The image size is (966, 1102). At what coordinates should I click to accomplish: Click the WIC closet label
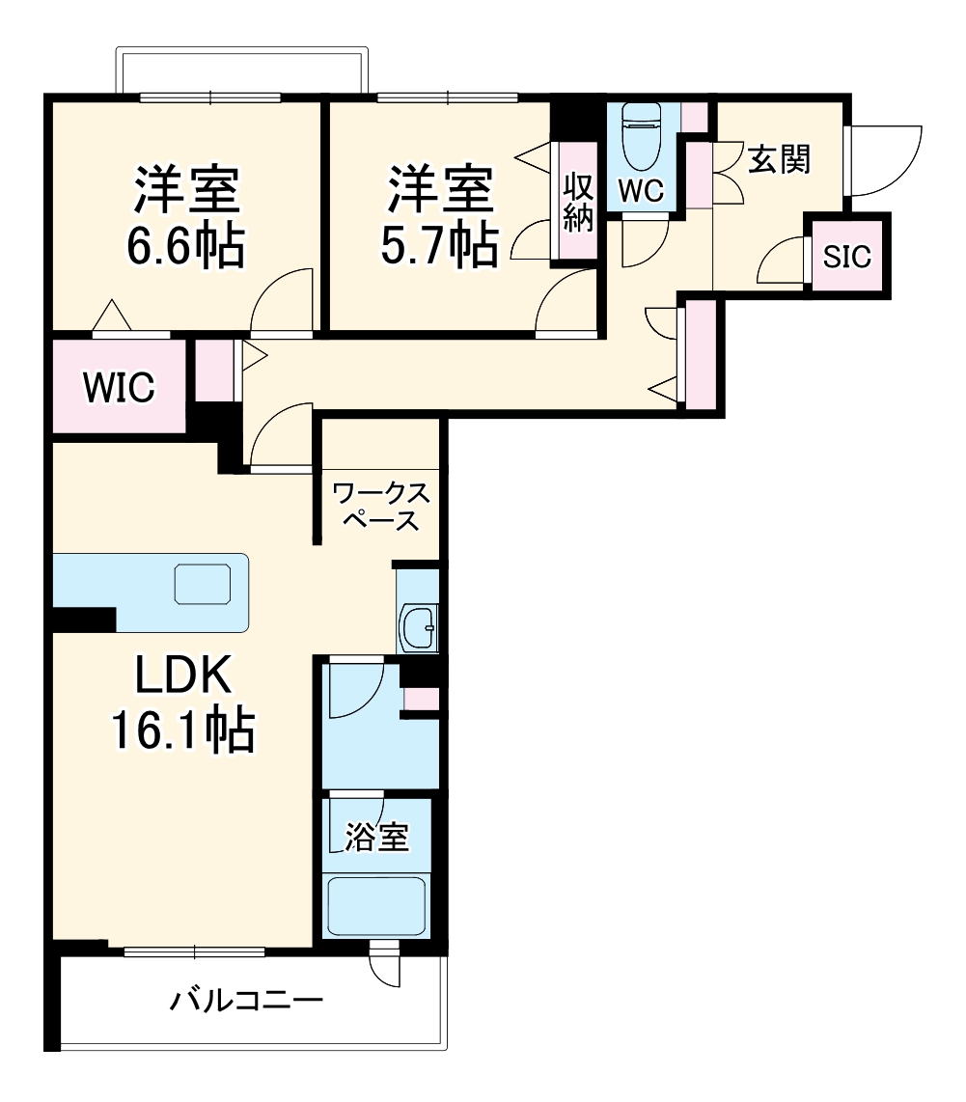[118, 388]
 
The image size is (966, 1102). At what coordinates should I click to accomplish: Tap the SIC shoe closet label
[846, 257]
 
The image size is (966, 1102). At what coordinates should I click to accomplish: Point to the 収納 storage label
[577, 202]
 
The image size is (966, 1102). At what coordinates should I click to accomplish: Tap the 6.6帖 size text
[184, 247]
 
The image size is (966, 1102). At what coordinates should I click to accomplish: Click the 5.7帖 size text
[438, 245]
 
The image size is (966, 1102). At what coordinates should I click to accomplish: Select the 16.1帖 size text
[182, 730]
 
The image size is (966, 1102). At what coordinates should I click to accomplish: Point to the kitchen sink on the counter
[203, 584]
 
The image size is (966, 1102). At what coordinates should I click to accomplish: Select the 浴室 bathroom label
[376, 838]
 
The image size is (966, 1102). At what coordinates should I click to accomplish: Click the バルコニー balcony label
[246, 1000]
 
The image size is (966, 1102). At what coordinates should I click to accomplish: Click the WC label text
[641, 190]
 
